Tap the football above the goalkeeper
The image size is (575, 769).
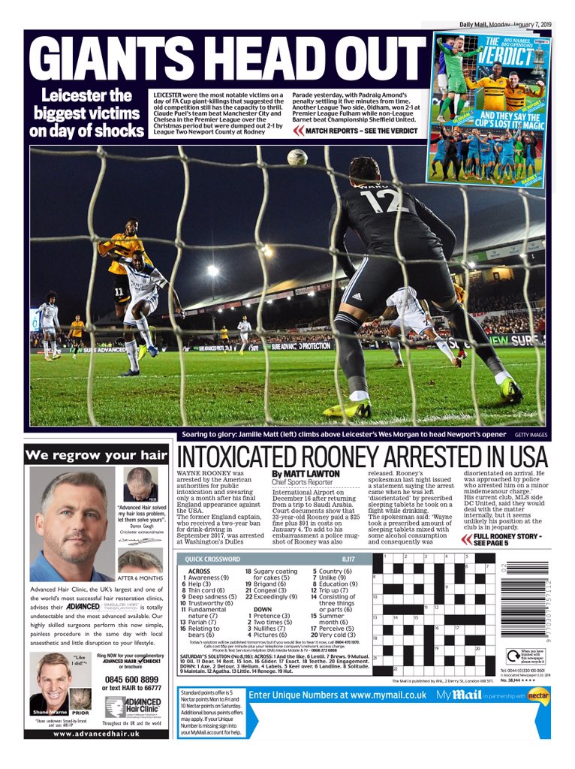[x=297, y=158]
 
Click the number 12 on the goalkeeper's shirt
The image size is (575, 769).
[x=384, y=201]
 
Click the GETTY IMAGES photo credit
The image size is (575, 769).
[x=531, y=435]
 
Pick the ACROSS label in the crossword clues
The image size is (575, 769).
[x=197, y=570]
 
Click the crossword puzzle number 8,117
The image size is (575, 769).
[x=348, y=559]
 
